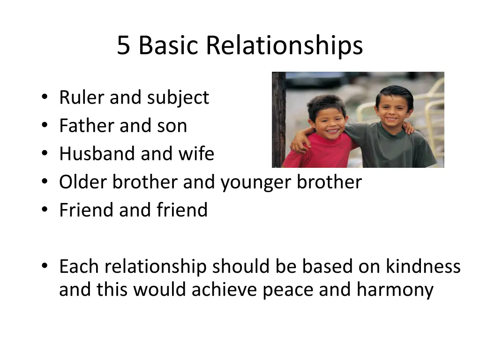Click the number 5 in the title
point(123,46)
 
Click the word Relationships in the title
point(284,46)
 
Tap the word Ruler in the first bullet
point(82,97)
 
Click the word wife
point(199,154)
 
